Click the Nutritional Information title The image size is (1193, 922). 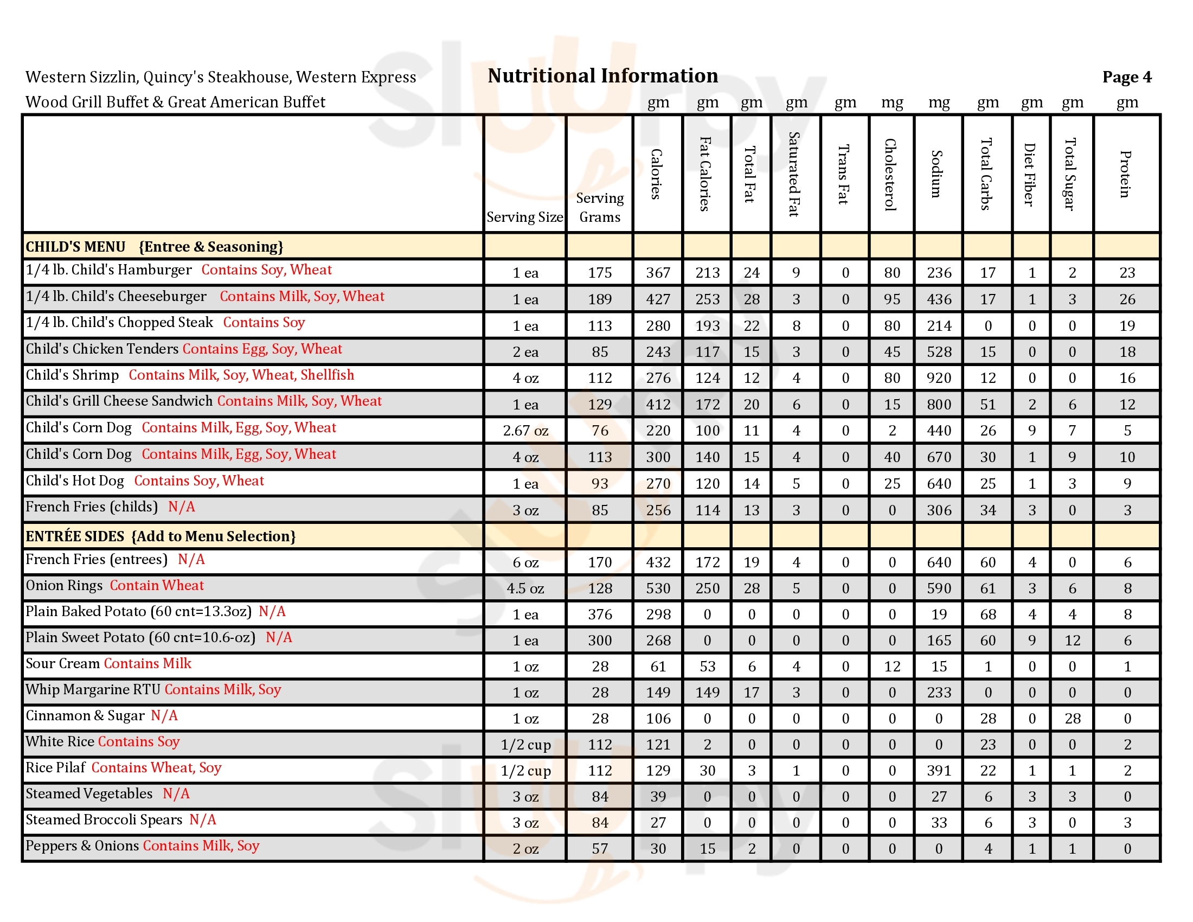point(602,76)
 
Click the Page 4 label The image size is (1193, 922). point(1126,77)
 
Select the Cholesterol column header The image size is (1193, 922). point(890,174)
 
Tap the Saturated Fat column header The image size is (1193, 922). point(794,174)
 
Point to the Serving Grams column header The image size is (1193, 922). point(599,208)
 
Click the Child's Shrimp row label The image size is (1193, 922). point(72,375)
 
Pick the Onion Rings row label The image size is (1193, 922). point(64,586)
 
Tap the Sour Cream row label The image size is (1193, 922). point(63,664)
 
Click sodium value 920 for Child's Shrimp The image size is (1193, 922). point(939,378)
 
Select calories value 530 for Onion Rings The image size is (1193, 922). point(658,588)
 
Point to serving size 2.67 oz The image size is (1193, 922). point(525,431)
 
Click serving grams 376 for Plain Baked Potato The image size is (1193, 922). point(599,614)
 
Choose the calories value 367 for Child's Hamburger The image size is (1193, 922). point(658,273)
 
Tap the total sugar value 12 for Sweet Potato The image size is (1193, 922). point(1072,640)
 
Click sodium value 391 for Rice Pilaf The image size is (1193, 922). point(939,771)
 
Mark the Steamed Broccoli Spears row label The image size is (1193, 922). point(104,820)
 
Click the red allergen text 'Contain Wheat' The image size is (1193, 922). point(157,586)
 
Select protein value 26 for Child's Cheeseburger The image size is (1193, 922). point(1126,299)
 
